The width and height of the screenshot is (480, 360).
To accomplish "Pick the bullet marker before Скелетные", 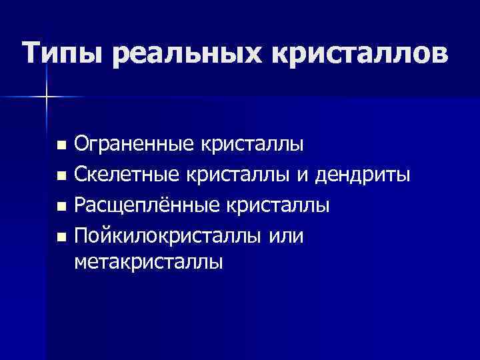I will tap(61, 177).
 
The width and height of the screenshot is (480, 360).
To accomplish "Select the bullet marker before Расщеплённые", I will tap(61, 207).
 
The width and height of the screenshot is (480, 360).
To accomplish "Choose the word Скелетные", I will tap(127, 175).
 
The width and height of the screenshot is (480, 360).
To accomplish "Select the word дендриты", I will tap(367, 175).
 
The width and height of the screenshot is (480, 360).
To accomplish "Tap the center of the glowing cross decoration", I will tap(47, 98).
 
